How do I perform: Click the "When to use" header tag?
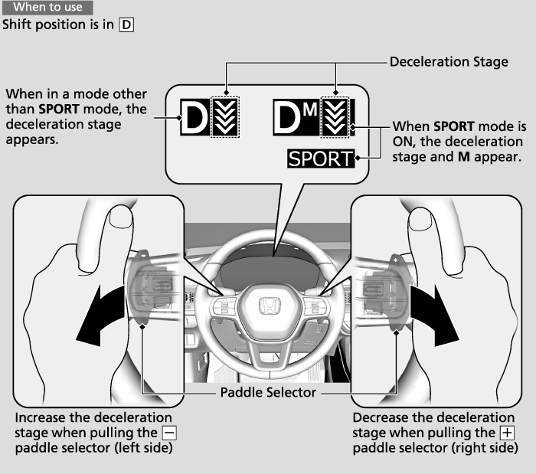click(47, 8)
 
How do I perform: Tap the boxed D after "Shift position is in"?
click(127, 25)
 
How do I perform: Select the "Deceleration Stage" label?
click(449, 61)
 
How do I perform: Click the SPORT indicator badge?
click(322, 159)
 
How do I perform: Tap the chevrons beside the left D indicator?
click(227, 117)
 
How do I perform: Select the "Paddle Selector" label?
click(268, 393)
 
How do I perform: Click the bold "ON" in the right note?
click(404, 142)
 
